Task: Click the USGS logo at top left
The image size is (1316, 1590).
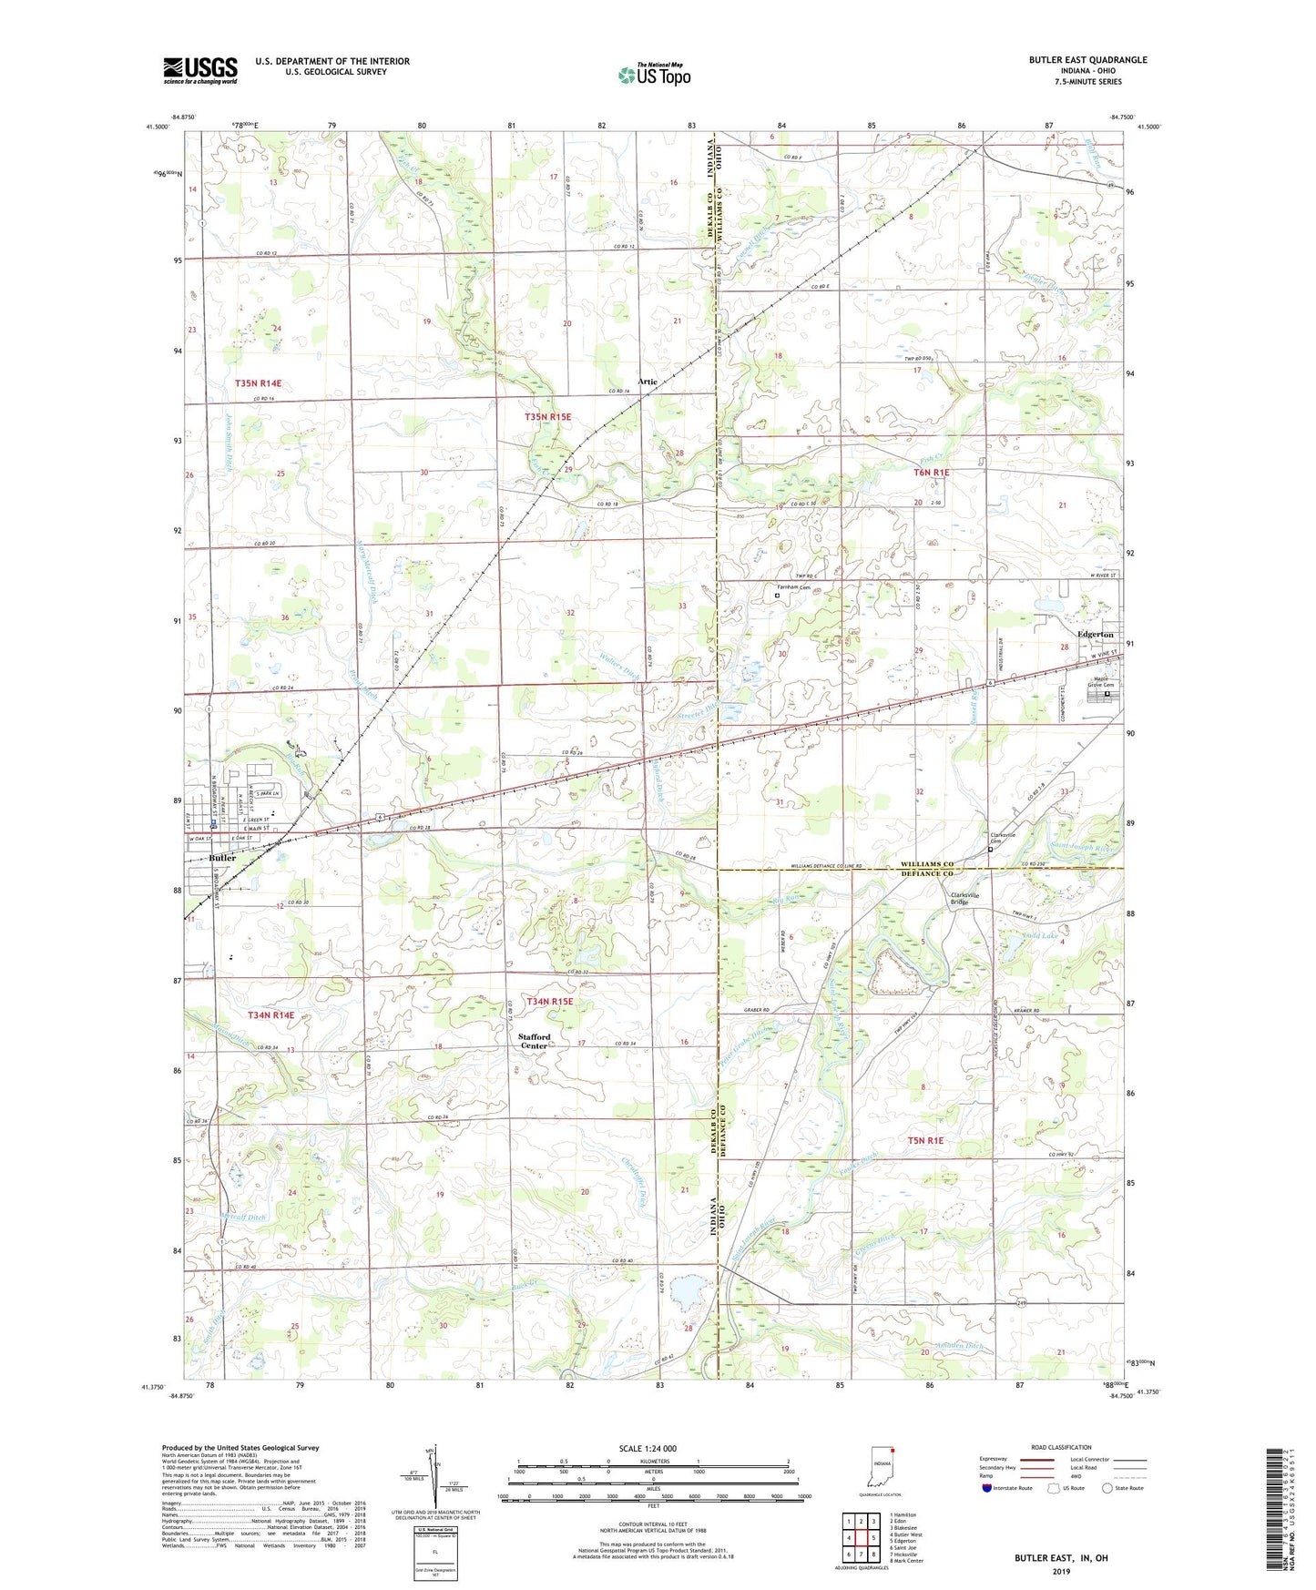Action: (200, 70)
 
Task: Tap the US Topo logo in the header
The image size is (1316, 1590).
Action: (653, 74)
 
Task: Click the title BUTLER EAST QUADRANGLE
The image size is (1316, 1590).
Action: (1087, 60)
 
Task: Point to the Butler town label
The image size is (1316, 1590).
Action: (222, 858)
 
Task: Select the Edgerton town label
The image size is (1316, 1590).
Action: (1095, 634)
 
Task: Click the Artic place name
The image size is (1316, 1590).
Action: (648, 382)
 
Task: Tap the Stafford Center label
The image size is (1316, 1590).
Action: (535, 1041)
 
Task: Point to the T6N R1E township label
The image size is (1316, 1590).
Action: (931, 473)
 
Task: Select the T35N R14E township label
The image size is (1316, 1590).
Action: (258, 384)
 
